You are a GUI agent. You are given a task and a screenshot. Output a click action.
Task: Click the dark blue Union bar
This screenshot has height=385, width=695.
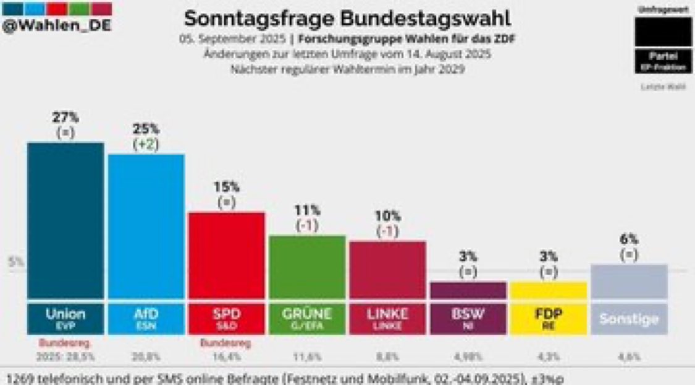[x=65, y=220]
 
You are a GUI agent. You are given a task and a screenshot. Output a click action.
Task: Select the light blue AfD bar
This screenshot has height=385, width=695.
[x=146, y=226]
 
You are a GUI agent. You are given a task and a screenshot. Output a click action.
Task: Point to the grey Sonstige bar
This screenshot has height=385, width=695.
[x=629, y=282]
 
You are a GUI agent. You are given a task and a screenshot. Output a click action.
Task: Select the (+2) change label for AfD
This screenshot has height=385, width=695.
[x=146, y=144]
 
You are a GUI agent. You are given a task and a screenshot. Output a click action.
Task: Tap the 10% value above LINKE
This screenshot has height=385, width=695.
[x=388, y=216]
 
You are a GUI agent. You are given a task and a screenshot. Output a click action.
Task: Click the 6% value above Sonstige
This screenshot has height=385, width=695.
[x=630, y=240]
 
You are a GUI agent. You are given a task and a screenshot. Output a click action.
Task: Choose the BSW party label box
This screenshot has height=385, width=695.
[x=468, y=318]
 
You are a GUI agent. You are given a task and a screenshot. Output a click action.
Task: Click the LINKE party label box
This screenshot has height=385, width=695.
[x=388, y=318]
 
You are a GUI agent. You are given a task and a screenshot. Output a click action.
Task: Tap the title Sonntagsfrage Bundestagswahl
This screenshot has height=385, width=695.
[x=348, y=19]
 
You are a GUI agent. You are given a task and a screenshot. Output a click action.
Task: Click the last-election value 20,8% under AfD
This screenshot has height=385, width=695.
[x=146, y=357]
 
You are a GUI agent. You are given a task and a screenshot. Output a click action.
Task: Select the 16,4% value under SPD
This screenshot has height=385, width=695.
[x=226, y=357]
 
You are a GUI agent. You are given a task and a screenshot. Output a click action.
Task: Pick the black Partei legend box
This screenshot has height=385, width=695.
[x=663, y=59]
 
